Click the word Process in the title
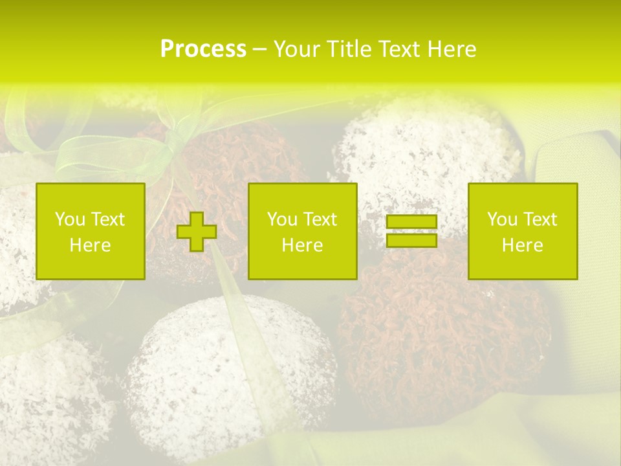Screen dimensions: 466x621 (203, 49)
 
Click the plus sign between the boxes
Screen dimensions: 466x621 (197, 232)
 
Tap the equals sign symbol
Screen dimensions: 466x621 (411, 231)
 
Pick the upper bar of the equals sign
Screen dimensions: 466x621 (411, 222)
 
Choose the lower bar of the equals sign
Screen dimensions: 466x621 (411, 240)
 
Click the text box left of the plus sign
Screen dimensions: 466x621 (91, 232)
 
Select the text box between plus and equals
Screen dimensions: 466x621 (303, 232)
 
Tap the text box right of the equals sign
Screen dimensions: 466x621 (523, 232)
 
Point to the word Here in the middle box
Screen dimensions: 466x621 (303, 245)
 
